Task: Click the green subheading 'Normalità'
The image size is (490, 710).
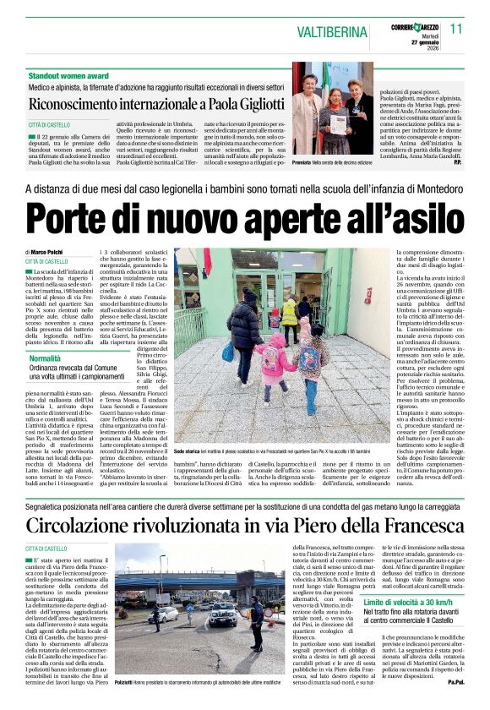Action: tap(45, 359)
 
